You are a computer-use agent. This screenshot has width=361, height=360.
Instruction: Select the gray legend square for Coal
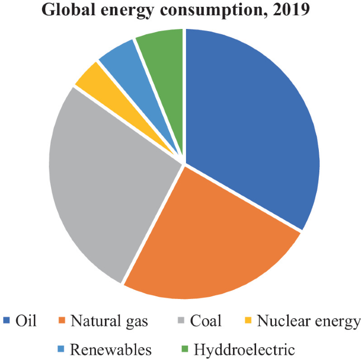point(179,321)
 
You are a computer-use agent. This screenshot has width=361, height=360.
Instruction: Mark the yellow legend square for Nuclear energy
point(248,321)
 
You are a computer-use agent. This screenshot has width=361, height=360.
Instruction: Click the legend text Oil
point(26,321)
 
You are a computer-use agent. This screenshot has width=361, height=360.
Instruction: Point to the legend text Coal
point(206,321)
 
